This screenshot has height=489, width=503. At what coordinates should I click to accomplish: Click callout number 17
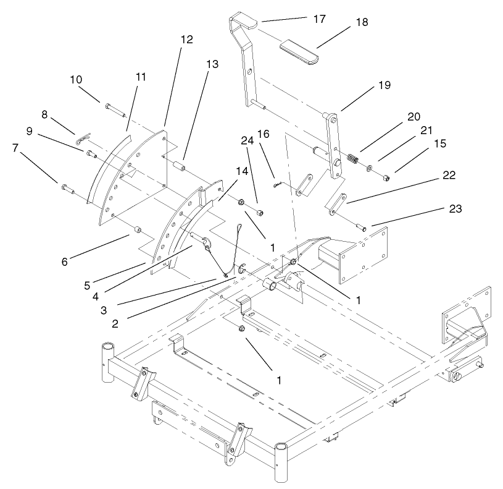click(x=319, y=19)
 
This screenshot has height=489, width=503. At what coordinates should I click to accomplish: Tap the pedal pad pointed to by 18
click(x=298, y=49)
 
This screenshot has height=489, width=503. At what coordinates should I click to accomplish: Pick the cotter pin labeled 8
click(x=81, y=141)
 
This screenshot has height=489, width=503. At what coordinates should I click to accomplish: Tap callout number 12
click(x=187, y=40)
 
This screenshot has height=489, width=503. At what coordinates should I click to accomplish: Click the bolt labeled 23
click(x=360, y=228)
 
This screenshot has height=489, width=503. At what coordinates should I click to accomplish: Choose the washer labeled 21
click(x=368, y=168)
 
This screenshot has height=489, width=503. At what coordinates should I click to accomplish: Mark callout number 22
click(x=449, y=176)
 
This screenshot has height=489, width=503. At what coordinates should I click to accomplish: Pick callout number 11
click(x=141, y=77)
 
